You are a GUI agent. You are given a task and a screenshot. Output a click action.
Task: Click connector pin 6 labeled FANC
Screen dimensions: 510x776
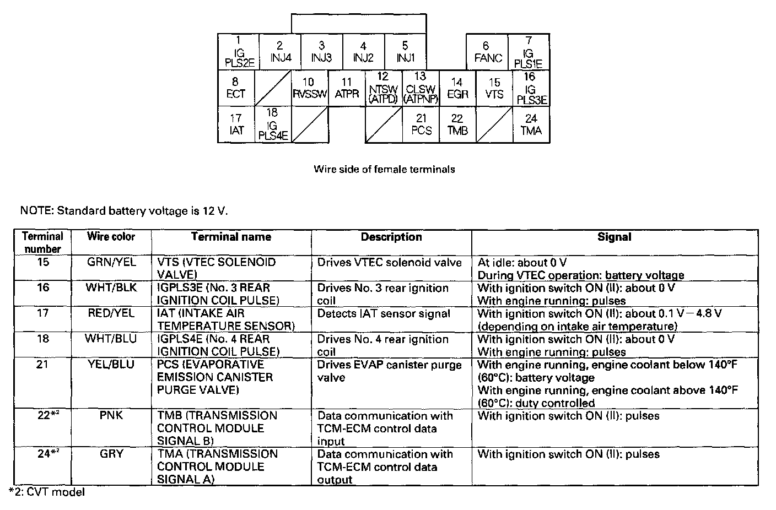488,52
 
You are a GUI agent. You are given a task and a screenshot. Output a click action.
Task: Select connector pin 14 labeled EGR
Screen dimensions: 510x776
457,88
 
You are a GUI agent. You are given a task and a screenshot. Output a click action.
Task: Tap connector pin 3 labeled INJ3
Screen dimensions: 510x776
321,52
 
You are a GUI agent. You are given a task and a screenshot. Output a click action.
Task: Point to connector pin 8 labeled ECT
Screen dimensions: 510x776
236,88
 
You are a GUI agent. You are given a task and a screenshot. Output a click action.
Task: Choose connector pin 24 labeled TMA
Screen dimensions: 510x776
531,125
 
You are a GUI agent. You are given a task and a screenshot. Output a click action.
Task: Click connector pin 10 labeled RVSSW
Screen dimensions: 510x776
309,88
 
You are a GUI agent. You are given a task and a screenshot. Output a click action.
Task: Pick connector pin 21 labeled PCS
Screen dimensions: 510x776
421,125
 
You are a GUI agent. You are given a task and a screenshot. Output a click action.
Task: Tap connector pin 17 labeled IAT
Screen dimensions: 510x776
236,125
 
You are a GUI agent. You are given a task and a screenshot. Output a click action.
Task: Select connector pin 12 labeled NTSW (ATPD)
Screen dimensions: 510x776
383,88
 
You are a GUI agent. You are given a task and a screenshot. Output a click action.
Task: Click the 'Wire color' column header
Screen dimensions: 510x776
111,237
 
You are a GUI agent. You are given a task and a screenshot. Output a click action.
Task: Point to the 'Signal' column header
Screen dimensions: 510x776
615,237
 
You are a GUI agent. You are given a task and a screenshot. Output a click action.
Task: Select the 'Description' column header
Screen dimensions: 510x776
391,237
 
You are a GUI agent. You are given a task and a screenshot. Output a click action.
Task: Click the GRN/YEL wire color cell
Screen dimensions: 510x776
111,262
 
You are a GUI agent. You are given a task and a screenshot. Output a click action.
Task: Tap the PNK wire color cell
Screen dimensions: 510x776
111,415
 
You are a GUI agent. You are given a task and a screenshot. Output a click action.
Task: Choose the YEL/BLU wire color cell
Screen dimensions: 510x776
111,365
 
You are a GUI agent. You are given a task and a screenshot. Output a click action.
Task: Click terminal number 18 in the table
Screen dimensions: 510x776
42,339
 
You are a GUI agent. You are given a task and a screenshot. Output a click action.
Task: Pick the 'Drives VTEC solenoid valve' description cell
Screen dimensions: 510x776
389,263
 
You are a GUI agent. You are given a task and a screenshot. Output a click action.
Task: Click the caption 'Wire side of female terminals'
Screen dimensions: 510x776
384,169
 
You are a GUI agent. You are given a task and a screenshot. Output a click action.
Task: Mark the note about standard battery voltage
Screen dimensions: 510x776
123,210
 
